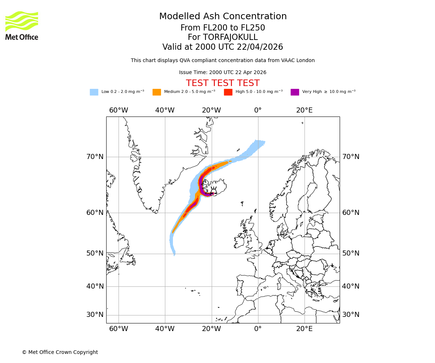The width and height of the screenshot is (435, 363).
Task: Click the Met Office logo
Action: [22, 25]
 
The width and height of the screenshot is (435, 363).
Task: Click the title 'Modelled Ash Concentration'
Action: [223, 16]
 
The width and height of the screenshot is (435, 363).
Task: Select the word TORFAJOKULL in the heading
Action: [230, 37]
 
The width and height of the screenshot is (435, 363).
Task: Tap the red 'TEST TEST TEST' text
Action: [223, 83]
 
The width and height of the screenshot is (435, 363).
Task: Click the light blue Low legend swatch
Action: [94, 92]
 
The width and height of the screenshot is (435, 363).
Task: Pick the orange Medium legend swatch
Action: [157, 92]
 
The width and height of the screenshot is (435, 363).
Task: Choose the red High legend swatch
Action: [228, 92]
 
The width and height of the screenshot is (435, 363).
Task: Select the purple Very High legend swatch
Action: [295, 92]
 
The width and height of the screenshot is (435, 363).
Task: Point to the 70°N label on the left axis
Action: [95, 157]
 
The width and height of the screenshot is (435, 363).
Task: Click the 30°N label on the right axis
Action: [351, 315]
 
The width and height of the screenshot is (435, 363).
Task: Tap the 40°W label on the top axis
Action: [165, 110]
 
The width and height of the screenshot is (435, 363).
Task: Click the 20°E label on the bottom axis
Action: [304, 329]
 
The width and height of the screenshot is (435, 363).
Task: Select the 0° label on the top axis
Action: [258, 110]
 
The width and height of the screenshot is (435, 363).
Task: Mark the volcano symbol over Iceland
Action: [214, 191]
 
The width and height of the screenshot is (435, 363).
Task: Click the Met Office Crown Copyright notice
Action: [60, 352]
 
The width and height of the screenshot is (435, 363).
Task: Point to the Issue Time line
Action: [223, 72]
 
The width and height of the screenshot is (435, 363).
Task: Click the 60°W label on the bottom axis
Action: [119, 329]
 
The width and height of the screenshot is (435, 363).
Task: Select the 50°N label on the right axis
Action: [351, 253]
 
